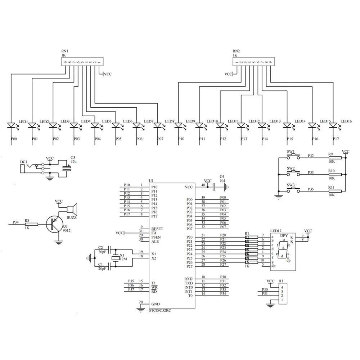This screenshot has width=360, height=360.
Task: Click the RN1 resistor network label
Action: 64,51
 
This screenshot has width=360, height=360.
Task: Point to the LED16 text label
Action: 346,121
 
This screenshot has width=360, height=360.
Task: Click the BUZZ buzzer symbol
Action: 72,209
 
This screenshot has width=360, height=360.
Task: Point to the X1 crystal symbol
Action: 115,258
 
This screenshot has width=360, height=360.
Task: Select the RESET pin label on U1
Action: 157,229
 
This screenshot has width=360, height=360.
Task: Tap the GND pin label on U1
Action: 156,304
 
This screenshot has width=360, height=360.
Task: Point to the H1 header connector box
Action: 283,293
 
